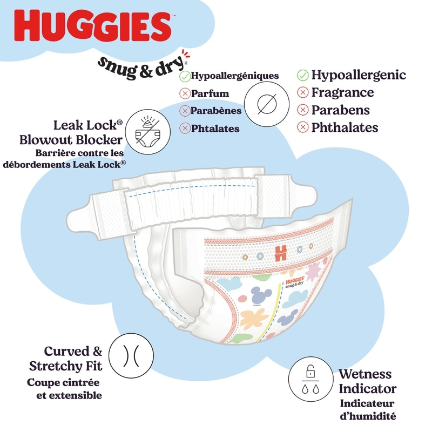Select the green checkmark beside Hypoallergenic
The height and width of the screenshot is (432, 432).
pos(303,75)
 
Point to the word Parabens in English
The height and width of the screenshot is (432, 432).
pos(340,110)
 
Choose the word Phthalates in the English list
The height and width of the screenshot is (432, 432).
pos(345,128)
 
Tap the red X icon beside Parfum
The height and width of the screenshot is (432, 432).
pos(185,93)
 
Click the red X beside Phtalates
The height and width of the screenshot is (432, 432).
pos(185,129)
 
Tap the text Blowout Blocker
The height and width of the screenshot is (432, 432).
pos(70,140)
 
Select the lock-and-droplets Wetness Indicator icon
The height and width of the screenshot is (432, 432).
pos(309,379)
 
